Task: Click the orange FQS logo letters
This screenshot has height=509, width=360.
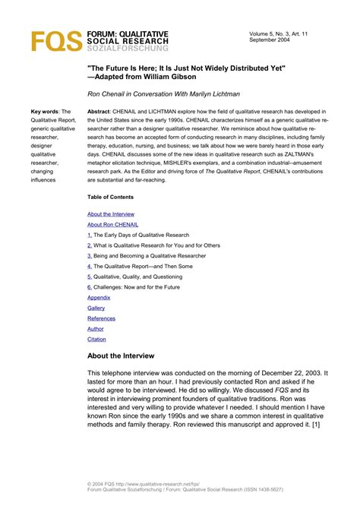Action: point(55,40)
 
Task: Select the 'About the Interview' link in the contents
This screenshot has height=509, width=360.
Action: point(111,214)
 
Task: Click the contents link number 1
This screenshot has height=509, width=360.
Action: point(90,236)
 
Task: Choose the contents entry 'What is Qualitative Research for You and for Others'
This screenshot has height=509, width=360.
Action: point(156,245)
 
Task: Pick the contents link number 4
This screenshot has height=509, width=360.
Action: point(90,267)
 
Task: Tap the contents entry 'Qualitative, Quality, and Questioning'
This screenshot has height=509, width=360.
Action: point(141,277)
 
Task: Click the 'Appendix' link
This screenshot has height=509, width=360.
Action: point(99,297)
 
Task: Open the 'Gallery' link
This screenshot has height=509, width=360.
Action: point(96,308)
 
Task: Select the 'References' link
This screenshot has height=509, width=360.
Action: point(102,318)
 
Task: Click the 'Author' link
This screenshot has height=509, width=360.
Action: point(96,329)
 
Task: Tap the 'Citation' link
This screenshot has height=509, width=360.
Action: point(97,339)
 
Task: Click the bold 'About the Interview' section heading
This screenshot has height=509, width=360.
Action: point(121,356)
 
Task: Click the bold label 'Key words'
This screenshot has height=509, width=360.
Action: point(43,111)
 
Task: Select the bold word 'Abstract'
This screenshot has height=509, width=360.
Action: point(99,111)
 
